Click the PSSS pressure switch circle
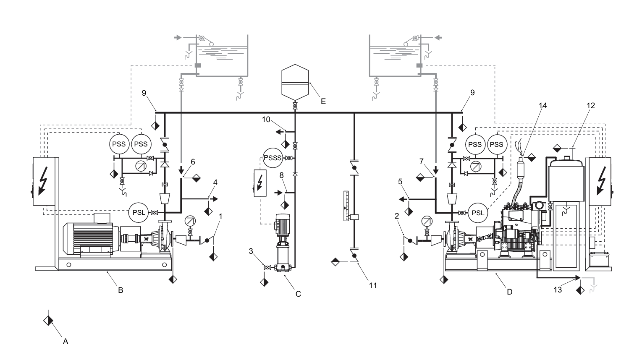[x=273, y=158]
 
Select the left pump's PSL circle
[x=139, y=212]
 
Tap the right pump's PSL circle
[x=478, y=213]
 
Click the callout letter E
[x=323, y=102]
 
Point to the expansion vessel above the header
[x=295, y=82]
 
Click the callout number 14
[x=543, y=105]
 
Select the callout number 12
[x=590, y=105]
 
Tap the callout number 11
[x=373, y=286]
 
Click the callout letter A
[x=66, y=342]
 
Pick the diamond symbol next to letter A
[x=48, y=320]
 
